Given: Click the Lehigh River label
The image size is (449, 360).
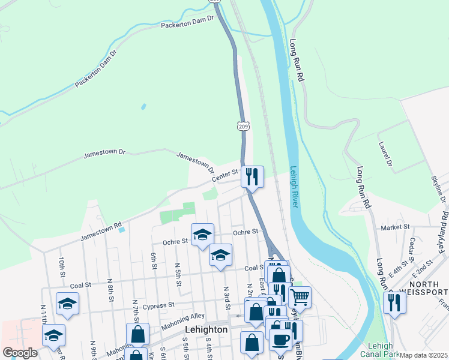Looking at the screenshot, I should click(x=294, y=187).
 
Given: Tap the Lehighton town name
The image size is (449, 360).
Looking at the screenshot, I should click(x=206, y=329).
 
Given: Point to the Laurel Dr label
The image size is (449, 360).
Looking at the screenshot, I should click(x=385, y=154).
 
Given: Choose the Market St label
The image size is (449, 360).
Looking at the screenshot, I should click(x=395, y=227).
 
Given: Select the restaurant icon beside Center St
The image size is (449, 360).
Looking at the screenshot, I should click(x=252, y=176).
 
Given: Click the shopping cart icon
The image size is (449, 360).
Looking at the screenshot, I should click(x=300, y=296).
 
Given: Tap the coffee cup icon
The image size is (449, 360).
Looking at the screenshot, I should click(x=280, y=340).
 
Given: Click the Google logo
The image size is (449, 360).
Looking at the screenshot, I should click(x=20, y=353).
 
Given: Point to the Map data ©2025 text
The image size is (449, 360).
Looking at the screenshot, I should click(x=423, y=355).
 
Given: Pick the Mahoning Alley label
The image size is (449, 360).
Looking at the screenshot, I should click(x=183, y=320).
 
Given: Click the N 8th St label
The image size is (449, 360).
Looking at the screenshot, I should click(x=110, y=289).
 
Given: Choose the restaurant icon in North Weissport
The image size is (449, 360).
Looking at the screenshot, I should click(x=394, y=302).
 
